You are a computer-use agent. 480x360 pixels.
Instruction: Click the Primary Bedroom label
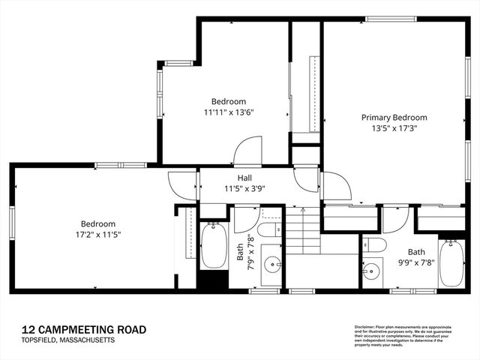(394, 118)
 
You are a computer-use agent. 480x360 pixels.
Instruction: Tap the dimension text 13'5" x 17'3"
(394, 128)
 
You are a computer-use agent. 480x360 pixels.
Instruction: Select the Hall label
(244, 178)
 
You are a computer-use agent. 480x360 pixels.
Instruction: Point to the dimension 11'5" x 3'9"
(244, 188)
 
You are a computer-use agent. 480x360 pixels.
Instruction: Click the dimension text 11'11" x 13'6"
(228, 112)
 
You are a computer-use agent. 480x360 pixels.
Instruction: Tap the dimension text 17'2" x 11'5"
(98, 234)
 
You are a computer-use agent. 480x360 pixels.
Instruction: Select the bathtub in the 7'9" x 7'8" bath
(213, 246)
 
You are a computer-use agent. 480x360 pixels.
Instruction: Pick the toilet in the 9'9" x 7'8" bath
(375, 244)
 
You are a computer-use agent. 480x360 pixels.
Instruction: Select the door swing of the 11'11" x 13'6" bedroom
(248, 153)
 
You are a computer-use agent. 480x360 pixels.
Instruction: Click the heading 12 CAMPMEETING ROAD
(83, 330)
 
